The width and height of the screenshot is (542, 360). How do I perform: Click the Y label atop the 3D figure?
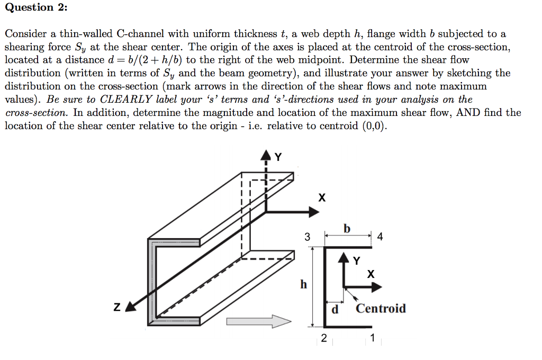(278, 157)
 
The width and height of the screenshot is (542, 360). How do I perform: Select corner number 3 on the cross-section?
(307, 237)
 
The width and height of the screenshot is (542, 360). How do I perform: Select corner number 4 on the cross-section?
(380, 237)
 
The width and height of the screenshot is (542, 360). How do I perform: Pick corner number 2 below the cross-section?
(324, 338)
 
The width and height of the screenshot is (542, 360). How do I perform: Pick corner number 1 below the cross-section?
(373, 338)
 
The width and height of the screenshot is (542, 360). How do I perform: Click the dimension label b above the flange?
(347, 229)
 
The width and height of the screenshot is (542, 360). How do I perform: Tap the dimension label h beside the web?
(303, 284)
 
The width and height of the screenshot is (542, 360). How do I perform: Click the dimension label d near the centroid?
(335, 309)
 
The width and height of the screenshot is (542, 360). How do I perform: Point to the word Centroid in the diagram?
(381, 308)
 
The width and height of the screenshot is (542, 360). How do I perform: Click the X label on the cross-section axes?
(371, 274)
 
